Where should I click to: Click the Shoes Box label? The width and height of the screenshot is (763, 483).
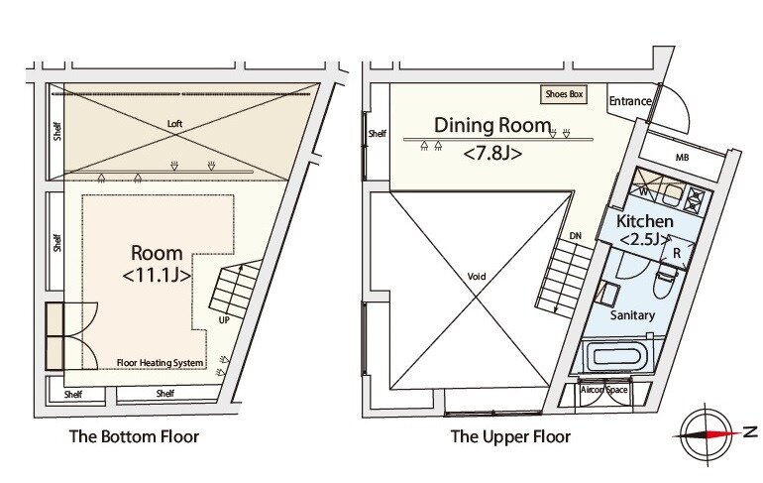pos(564,95)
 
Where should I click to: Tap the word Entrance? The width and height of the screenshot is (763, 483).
pos(629,101)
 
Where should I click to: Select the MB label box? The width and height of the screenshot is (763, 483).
pos(682,158)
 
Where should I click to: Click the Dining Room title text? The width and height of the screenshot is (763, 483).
pos(491,125)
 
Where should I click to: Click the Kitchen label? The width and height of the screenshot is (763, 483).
pos(645,220)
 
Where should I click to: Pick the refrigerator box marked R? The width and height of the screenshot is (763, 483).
pos(676,252)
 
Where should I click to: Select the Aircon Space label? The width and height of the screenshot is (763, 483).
pos(603,391)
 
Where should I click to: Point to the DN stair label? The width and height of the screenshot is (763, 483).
pos(576,235)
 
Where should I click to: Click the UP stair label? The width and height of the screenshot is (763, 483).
pos(224,319)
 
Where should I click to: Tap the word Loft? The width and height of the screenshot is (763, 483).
pos(174,123)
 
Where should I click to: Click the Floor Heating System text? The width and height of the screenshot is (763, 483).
pos(160,363)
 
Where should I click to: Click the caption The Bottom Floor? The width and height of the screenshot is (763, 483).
pos(134,436)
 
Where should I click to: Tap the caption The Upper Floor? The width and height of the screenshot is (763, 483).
pos(510,436)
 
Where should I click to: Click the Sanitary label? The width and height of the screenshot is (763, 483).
pos(632,315)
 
